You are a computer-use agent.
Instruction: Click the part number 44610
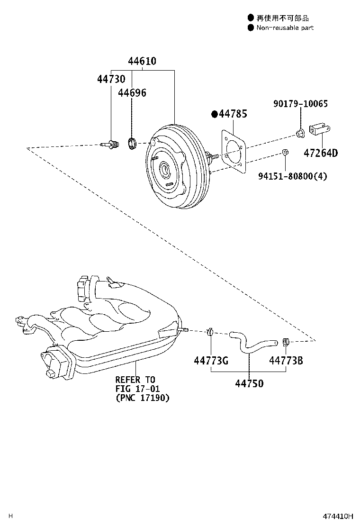[142, 61]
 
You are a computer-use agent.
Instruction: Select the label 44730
[111, 79]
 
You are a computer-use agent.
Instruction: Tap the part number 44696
[132, 93]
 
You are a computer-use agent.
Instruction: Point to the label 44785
[233, 114]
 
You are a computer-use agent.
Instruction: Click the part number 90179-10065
[300, 104]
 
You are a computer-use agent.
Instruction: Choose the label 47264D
[321, 154]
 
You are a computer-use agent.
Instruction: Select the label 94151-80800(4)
[293, 176]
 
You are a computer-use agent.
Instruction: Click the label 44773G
[211, 361]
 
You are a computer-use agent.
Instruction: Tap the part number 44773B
[286, 361]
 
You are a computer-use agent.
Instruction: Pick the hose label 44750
[249, 383]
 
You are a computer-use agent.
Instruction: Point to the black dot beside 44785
[214, 114]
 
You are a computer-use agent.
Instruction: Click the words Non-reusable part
[285, 28]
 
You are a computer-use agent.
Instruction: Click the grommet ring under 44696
[132, 142]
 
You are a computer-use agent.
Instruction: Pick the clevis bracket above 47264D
[320, 129]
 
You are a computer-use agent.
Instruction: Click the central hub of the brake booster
[164, 168]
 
